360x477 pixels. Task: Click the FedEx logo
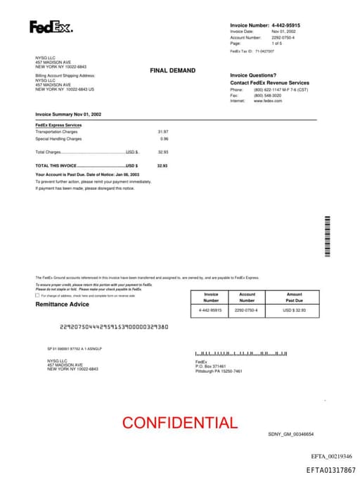click(x=51, y=27)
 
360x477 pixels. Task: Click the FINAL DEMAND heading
click(x=172, y=70)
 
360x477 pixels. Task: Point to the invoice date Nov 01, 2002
click(x=284, y=32)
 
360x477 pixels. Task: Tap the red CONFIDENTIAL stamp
click(x=180, y=423)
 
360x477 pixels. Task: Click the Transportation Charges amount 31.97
click(x=163, y=132)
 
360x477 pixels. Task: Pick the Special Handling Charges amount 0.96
click(x=165, y=139)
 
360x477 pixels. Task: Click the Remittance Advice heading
click(x=63, y=304)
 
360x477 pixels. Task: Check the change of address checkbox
click(x=37, y=295)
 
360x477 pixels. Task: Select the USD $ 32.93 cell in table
click(x=295, y=310)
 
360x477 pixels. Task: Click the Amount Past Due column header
click(x=295, y=297)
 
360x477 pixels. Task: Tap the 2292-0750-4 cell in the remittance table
click(x=246, y=310)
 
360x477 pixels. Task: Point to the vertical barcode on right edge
click(x=327, y=238)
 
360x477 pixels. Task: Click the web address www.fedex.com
click(x=268, y=101)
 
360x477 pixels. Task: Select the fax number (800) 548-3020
click(x=267, y=96)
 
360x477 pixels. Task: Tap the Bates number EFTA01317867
click(x=330, y=470)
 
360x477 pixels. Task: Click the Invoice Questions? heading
click(x=253, y=75)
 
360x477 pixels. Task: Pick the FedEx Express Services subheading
click(x=58, y=125)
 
